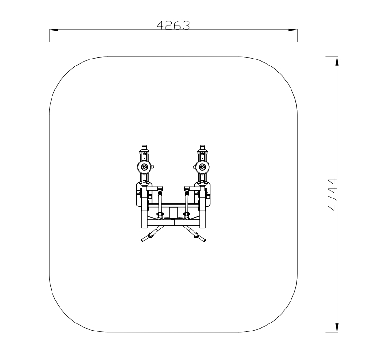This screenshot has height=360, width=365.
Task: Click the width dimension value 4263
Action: click(173, 25)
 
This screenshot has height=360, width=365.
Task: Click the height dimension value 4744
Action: click(332, 194)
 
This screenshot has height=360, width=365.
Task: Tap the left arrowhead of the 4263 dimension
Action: click(53, 30)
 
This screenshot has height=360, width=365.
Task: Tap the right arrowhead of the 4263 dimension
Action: click(292, 30)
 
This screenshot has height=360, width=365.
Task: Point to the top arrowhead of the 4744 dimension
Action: click(337, 61)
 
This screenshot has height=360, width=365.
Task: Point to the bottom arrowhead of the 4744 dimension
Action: click(337, 327)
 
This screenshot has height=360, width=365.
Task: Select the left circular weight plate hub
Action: click(144, 167)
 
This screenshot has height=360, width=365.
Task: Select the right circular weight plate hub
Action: click(202, 167)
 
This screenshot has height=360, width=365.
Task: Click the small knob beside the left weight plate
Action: click(153, 167)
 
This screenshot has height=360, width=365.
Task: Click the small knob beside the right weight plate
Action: click(194, 167)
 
